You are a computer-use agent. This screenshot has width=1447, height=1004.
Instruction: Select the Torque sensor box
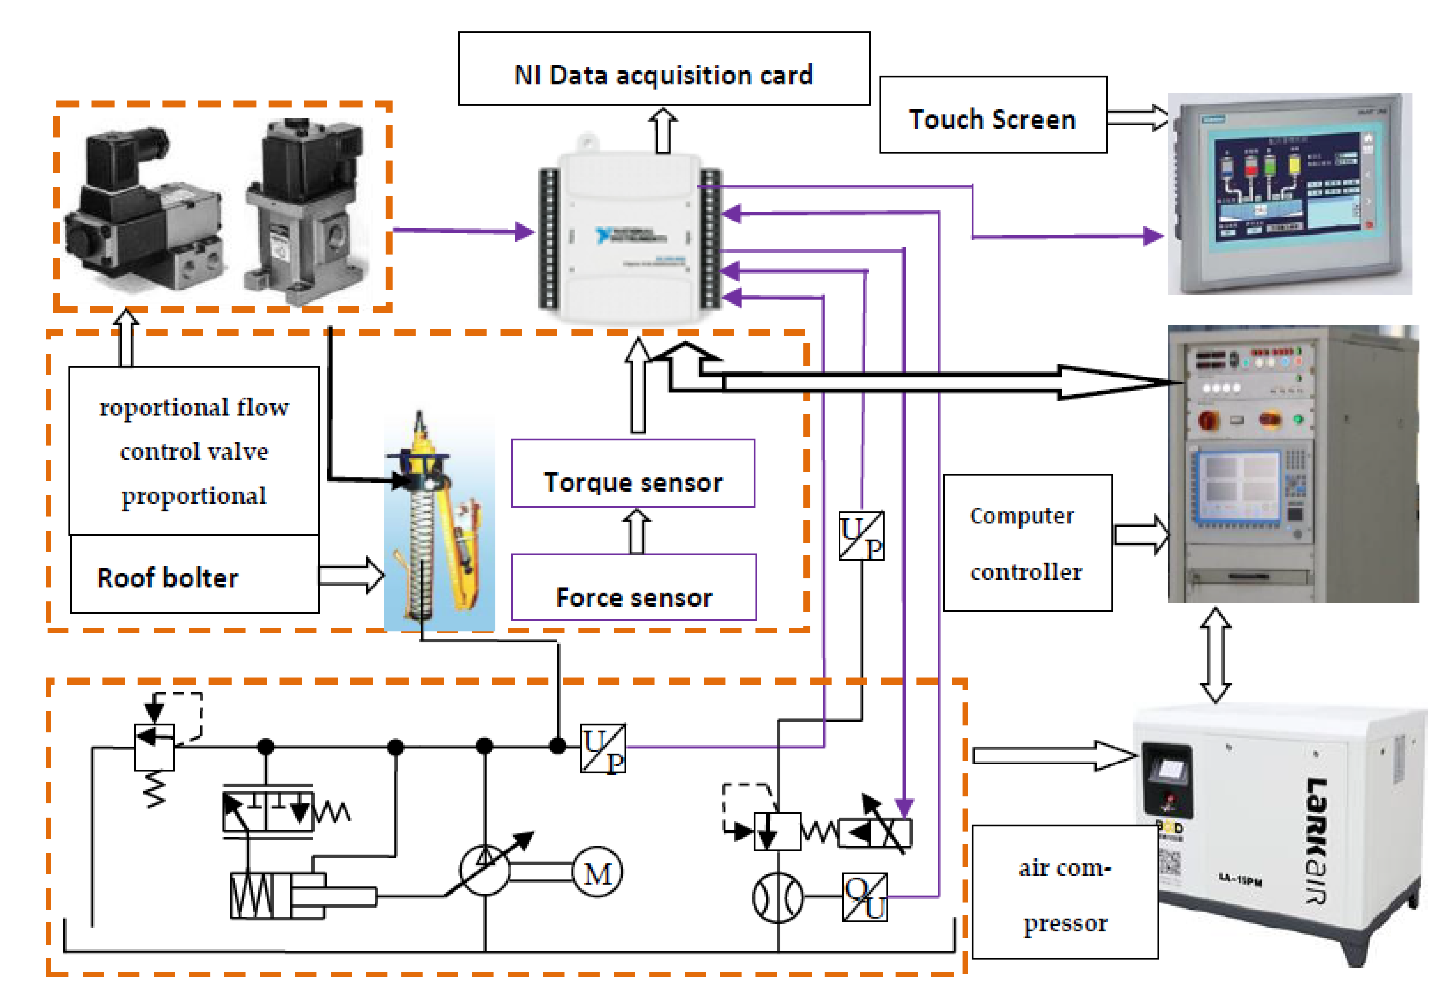click(x=633, y=473)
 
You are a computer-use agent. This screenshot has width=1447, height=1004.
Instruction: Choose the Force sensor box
click(x=633, y=587)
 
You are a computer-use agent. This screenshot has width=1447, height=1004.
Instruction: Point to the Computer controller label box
click(x=1027, y=542)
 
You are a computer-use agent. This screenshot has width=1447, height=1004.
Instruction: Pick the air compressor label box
click(x=1065, y=892)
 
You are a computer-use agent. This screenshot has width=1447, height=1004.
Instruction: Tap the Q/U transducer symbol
click(x=865, y=897)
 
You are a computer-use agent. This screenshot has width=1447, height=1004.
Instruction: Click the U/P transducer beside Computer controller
click(x=861, y=536)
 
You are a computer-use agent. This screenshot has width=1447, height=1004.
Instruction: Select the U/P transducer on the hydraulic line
click(x=603, y=749)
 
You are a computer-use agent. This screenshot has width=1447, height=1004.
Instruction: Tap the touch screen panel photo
click(x=1290, y=193)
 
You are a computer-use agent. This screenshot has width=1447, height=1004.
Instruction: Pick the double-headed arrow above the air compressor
click(x=1215, y=654)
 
